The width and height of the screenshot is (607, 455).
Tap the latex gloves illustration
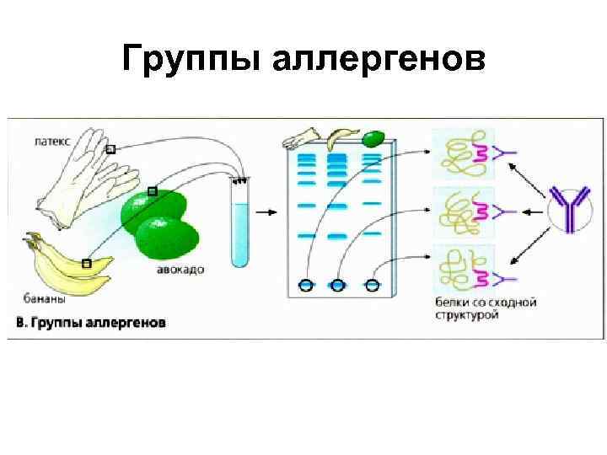click(x=80, y=181)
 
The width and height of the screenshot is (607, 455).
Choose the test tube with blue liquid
click(x=240, y=223)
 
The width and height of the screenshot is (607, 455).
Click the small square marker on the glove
click(x=110, y=150)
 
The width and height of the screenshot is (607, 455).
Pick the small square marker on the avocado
click(x=152, y=191)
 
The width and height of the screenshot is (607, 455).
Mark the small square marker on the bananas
click(x=87, y=264)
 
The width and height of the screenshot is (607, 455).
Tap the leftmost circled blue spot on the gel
click(x=304, y=286)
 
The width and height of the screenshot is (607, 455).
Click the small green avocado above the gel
click(x=373, y=135)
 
